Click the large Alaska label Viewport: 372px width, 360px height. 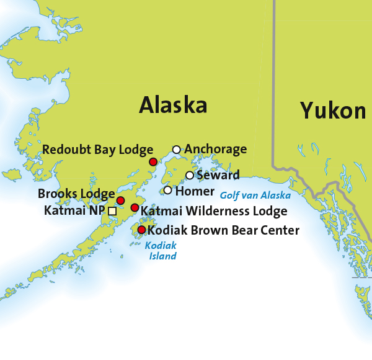click(173, 105)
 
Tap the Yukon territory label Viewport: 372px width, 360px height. click(333, 110)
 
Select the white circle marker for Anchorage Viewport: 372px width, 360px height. click(177, 150)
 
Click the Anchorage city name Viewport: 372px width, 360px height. click(216, 149)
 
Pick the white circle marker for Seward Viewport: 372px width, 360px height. click(190, 175)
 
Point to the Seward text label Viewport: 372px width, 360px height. click(218, 174)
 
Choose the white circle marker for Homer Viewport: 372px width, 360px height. click(167, 190)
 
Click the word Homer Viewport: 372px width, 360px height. click(195, 191)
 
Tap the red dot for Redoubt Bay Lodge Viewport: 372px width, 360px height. click(153, 161)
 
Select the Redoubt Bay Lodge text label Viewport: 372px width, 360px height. click(97, 150)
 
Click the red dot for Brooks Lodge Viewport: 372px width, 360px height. click(121, 200)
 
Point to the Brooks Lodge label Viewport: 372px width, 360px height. click(76, 194)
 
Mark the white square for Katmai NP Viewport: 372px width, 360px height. click(112, 211)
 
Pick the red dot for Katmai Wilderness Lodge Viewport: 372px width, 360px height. click(135, 207)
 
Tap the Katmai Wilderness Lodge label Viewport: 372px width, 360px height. click(214, 211)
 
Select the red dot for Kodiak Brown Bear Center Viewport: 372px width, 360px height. click(141, 230)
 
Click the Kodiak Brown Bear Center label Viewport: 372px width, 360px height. click(223, 230)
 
